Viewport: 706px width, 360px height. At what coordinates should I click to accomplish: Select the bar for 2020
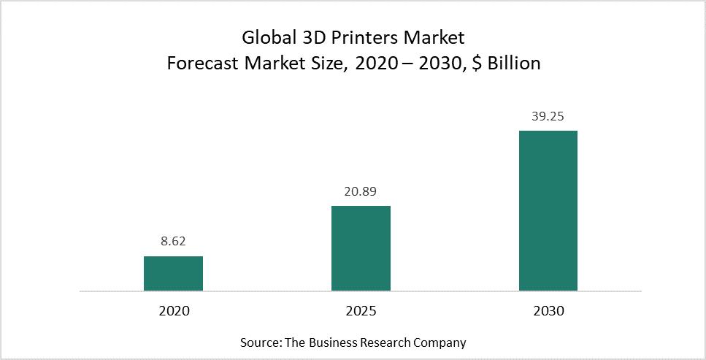click(173, 273)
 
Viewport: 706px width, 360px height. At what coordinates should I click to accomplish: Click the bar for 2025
click(361, 248)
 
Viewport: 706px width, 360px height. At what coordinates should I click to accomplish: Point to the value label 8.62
click(173, 240)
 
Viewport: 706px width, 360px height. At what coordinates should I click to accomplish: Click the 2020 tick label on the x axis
click(173, 311)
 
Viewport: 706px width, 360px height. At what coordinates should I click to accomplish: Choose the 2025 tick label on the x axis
click(361, 311)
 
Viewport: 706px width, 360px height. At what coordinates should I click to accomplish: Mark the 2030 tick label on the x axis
click(548, 311)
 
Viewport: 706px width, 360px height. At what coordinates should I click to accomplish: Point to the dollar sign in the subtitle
click(477, 64)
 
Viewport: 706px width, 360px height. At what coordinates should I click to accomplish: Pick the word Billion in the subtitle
click(514, 64)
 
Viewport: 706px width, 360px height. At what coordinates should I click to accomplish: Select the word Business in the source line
click(332, 342)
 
